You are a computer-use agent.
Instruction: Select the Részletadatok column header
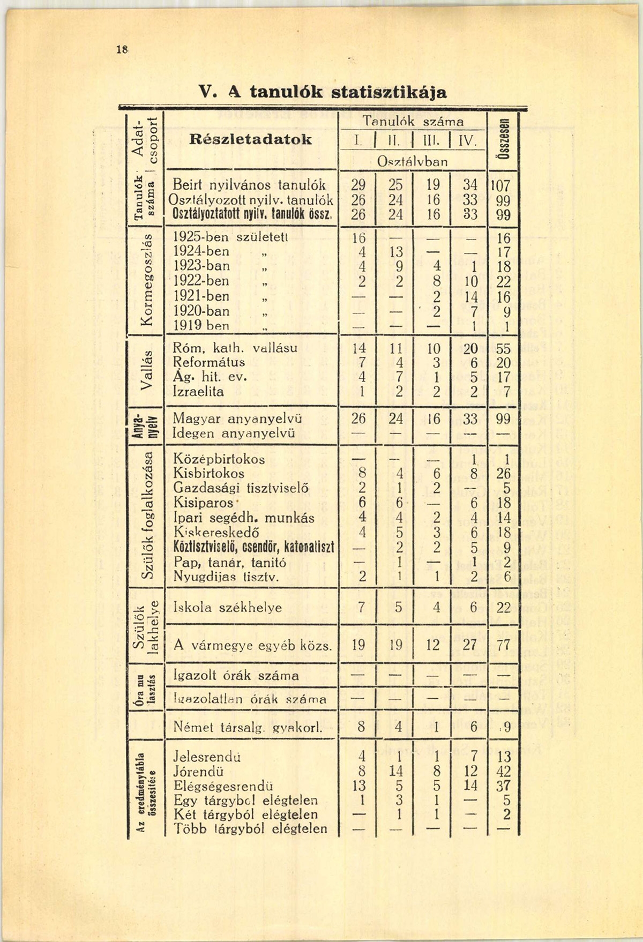click(x=250, y=139)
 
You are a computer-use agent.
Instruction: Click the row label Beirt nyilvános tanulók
click(x=249, y=185)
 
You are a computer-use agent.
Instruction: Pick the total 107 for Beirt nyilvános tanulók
click(x=503, y=186)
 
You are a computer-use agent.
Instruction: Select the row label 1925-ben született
click(x=231, y=237)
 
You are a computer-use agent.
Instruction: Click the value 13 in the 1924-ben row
click(x=395, y=252)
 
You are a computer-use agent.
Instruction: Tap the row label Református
click(x=209, y=362)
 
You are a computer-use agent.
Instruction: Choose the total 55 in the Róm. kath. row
click(x=503, y=349)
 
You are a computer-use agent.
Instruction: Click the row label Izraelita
click(x=199, y=392)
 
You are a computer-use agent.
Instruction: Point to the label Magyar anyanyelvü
click(x=238, y=418)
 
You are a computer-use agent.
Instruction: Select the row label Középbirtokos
click(x=219, y=459)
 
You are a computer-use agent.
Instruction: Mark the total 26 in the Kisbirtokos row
click(x=503, y=474)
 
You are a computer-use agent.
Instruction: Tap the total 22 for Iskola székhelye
click(x=503, y=608)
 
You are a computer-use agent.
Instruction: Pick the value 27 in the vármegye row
click(x=469, y=645)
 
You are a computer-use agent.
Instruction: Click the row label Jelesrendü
click(x=207, y=757)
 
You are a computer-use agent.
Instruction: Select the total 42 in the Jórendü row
click(x=503, y=772)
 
